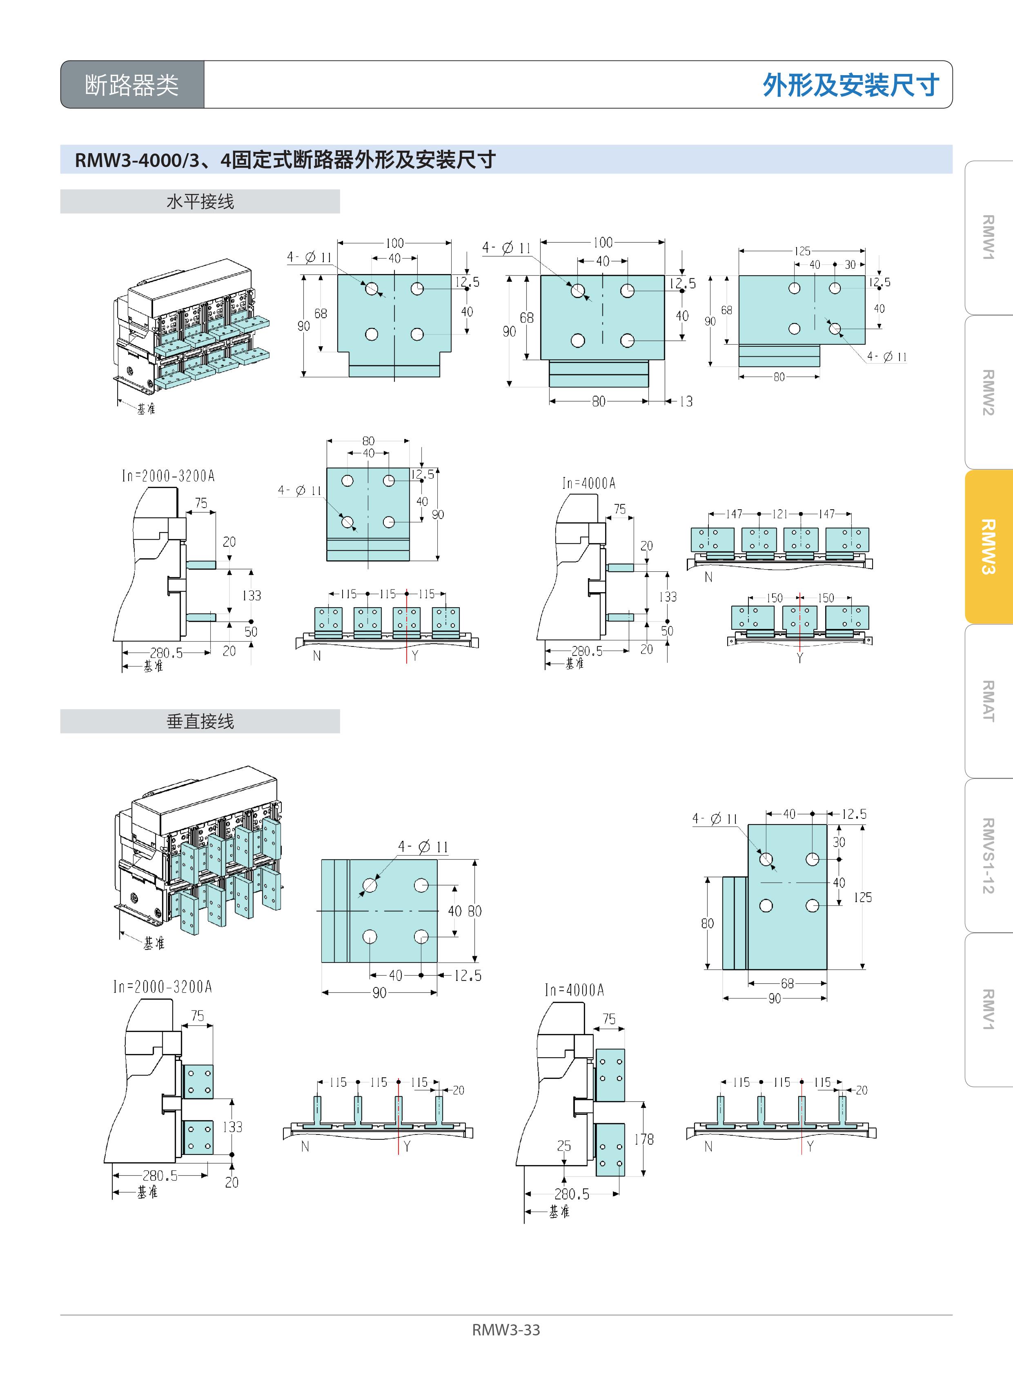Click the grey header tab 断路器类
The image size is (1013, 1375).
pyautogui.click(x=132, y=85)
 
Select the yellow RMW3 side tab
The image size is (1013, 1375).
pyautogui.click(x=988, y=546)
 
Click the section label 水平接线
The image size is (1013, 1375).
pyautogui.click(x=200, y=201)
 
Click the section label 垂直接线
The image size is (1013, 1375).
pyautogui.click(x=200, y=721)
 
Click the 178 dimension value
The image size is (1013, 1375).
pyautogui.click(x=644, y=1139)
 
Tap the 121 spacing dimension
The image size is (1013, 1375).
pyautogui.click(x=779, y=514)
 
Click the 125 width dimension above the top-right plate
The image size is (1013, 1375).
pyautogui.click(x=802, y=251)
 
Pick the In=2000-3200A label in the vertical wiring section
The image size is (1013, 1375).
pyautogui.click(x=163, y=986)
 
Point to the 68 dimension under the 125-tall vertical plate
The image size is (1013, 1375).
pyautogui.click(x=787, y=983)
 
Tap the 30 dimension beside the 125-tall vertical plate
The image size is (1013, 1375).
pyautogui.click(x=839, y=842)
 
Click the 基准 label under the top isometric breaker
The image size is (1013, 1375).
pyautogui.click(x=146, y=408)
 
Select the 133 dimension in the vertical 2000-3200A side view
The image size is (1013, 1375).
pyautogui.click(x=232, y=1127)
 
